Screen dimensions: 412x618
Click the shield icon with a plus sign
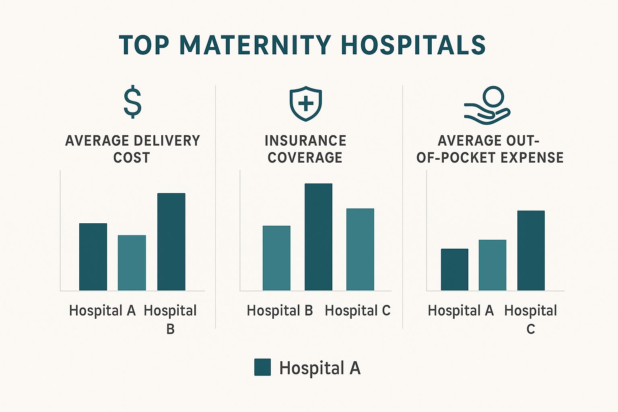point(306,103)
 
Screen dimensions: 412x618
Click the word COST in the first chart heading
point(132,158)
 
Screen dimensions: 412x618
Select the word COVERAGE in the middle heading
point(305,158)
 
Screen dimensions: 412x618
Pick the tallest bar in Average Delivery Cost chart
point(171,242)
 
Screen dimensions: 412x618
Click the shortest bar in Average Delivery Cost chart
point(132,263)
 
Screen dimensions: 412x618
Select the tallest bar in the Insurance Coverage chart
point(318,237)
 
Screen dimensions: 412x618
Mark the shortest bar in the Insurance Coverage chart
point(276,258)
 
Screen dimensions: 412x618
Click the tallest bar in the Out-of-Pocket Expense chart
point(531,250)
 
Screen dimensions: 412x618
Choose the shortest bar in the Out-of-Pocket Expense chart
point(455,270)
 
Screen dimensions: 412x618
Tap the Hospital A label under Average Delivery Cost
point(102,311)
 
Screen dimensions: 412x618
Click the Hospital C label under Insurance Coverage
point(358,311)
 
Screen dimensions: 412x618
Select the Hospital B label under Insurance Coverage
point(280,311)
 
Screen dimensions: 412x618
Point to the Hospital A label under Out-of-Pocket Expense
point(461,311)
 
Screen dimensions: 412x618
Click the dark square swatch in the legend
point(262,367)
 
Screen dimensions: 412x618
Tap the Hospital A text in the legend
point(320,368)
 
